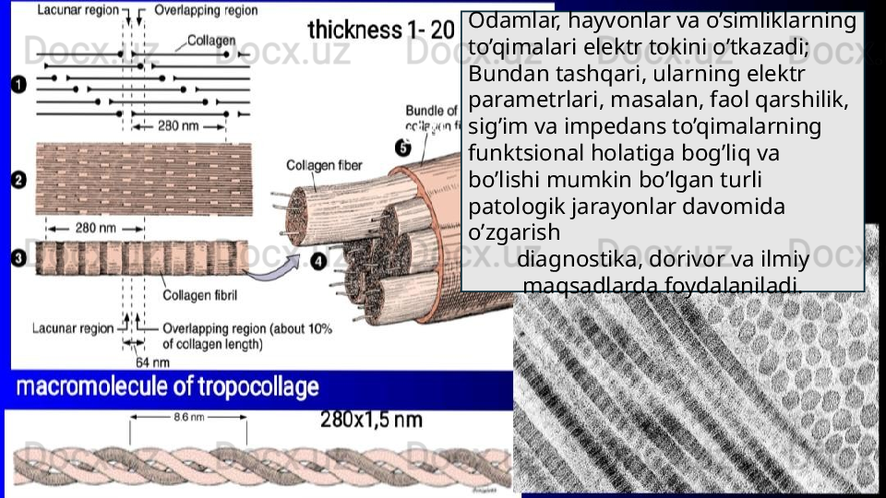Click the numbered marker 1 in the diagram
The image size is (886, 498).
pos(18,85)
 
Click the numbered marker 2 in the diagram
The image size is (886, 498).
pos(18,181)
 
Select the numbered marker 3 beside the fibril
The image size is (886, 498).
pos(18,259)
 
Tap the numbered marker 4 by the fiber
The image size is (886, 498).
pos(318,262)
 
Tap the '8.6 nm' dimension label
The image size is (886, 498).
pos(188,417)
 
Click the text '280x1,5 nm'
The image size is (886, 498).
pos(371,420)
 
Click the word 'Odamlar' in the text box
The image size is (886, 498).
pos(510,20)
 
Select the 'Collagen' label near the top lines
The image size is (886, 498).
pos(211,41)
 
